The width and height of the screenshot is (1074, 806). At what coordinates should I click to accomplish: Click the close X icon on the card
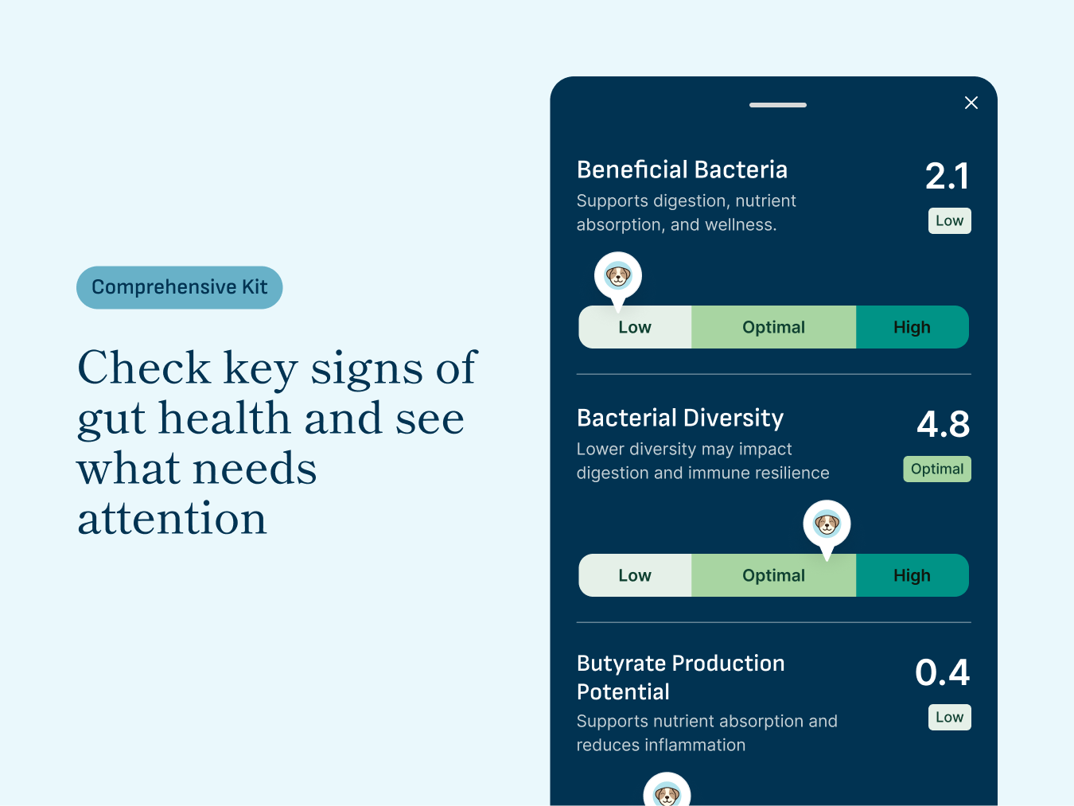[x=971, y=103]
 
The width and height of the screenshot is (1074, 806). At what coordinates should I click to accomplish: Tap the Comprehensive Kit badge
[x=180, y=287]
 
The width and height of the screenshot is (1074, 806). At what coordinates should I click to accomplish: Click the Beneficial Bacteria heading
[x=682, y=169]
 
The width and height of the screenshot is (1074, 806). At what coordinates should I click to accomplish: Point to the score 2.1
[x=947, y=176]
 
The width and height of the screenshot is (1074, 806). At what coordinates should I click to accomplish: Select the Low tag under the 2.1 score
[x=949, y=220]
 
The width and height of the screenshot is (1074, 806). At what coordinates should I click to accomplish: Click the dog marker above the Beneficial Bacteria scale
[x=618, y=277]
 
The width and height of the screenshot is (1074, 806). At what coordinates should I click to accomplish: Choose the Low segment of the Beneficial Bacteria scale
[x=635, y=327]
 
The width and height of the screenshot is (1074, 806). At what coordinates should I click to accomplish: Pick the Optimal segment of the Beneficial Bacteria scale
[x=773, y=327]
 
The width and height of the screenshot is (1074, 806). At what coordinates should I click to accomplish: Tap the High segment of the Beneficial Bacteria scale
[x=912, y=327]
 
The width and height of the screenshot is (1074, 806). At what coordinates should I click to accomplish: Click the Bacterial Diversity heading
[x=680, y=418]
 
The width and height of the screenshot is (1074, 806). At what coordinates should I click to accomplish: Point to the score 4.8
[x=944, y=424]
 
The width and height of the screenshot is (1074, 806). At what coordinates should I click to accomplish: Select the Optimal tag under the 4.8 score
[x=937, y=469]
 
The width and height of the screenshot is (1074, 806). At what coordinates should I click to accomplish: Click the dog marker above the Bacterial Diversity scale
[x=827, y=524]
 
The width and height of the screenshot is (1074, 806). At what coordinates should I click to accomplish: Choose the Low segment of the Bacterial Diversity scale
[x=635, y=575]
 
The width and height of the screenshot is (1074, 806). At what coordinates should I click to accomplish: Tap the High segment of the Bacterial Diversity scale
[x=912, y=575]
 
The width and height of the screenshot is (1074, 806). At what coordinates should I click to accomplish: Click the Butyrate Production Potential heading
[x=680, y=677]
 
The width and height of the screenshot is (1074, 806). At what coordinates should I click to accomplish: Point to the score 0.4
[x=943, y=672]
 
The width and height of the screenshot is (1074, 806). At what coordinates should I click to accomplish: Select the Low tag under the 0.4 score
[x=949, y=717]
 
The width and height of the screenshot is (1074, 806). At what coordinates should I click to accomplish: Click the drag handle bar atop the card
[x=777, y=105]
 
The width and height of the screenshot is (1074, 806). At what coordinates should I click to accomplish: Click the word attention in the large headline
[x=172, y=519]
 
